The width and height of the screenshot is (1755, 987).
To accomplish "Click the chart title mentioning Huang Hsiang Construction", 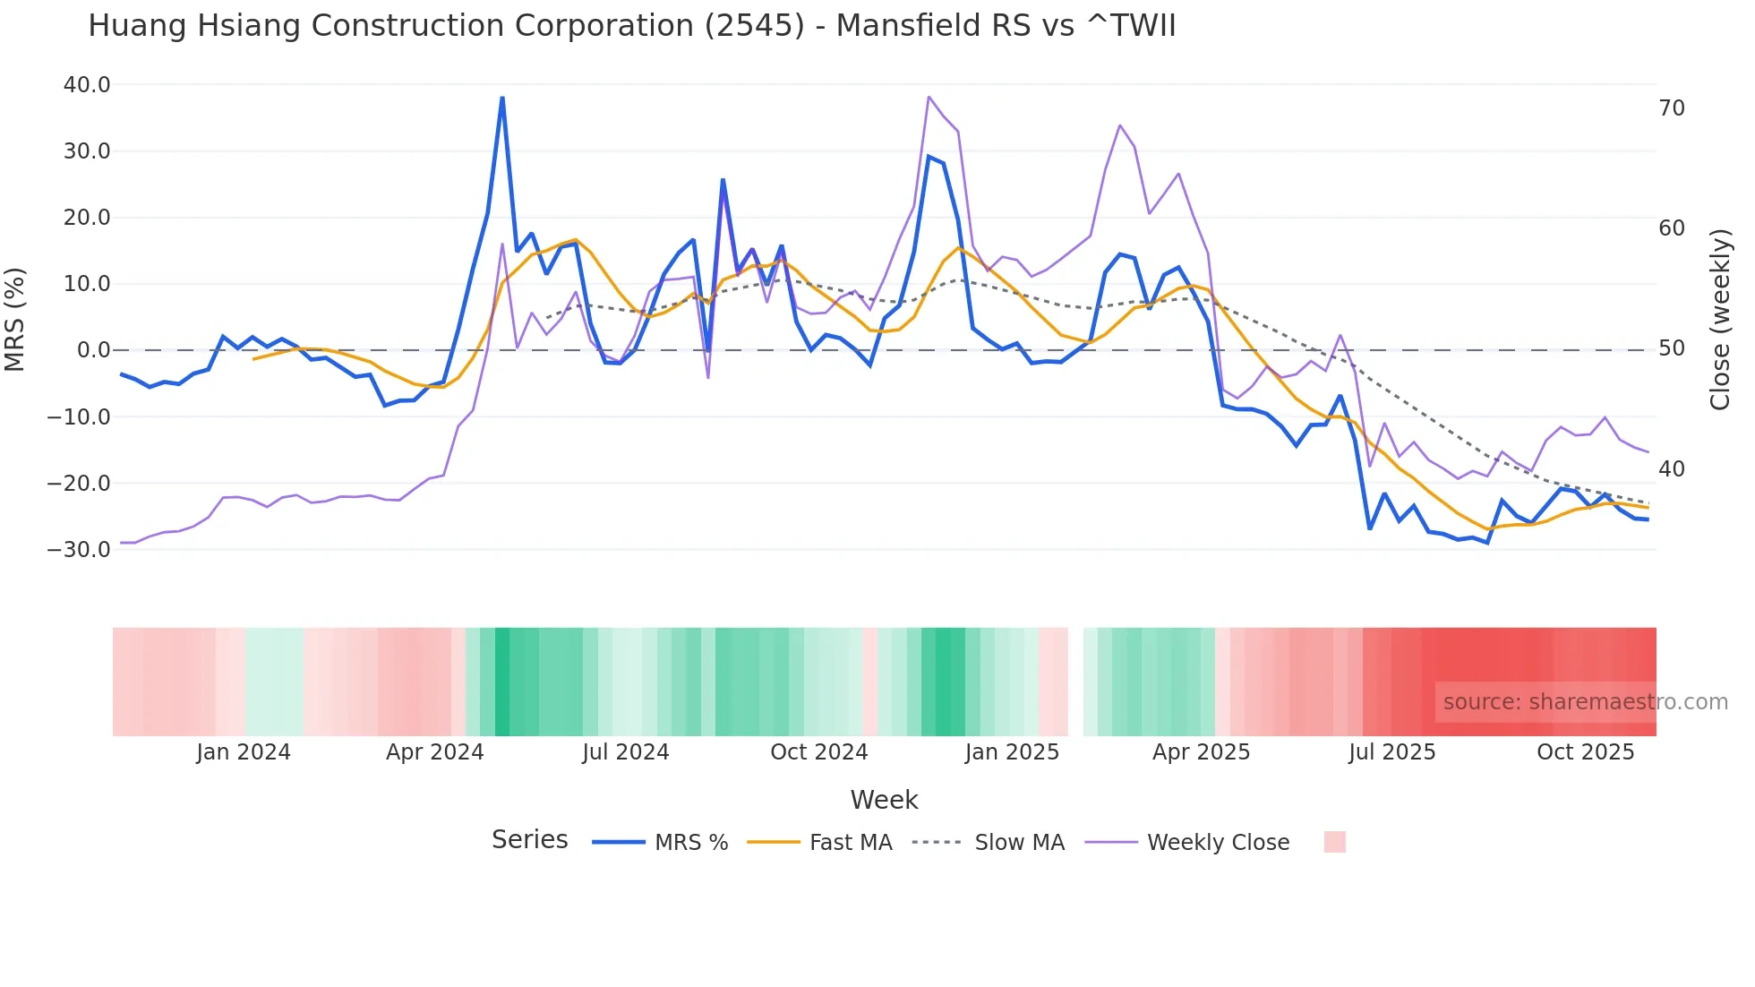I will pos(631,26).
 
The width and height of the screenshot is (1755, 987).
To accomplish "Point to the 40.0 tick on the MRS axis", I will pos(87,85).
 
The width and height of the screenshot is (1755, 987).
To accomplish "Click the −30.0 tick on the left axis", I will pos(79,550).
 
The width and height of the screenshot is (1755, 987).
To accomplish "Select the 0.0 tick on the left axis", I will pos(93,350).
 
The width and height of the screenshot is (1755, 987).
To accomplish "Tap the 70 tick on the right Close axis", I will pos(1671,108).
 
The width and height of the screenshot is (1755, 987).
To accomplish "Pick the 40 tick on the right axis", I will pos(1671,469).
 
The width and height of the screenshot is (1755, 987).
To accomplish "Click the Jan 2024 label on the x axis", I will pos(244,752).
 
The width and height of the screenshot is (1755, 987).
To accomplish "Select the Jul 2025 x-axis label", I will pos(1391,752).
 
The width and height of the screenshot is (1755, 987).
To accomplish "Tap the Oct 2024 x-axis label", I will pos(818,752).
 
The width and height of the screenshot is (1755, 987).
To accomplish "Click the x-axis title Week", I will pos(884,800).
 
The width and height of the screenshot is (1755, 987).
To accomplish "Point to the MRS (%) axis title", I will pos(15,319).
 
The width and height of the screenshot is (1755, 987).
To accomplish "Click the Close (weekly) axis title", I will pos(1719,319).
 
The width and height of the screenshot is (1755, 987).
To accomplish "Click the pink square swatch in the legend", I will pos(1334,842).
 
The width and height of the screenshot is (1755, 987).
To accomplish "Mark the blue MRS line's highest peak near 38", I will pos(502,98).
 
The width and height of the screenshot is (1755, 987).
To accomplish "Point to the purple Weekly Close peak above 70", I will pos(929,97).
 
